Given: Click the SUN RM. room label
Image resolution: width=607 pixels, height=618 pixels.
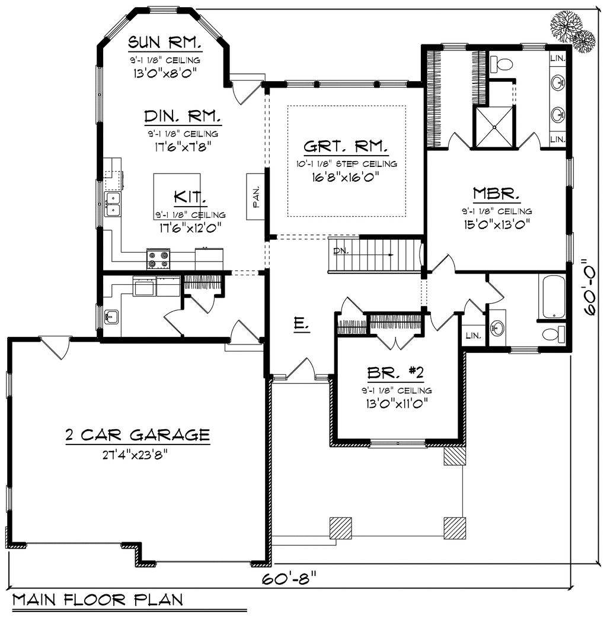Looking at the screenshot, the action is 165,42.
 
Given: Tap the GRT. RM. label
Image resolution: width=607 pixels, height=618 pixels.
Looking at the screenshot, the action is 346,147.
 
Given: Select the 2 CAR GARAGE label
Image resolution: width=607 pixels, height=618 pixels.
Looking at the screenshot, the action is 138,435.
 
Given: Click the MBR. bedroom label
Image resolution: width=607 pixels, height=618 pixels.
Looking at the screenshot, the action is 497,194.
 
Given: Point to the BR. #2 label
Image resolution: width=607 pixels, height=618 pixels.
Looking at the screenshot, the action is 395,372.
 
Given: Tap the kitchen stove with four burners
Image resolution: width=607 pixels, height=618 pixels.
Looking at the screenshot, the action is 159,259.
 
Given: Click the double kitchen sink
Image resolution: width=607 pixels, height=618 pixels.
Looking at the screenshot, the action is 113,204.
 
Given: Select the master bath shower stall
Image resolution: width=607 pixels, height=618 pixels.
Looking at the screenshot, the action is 494,127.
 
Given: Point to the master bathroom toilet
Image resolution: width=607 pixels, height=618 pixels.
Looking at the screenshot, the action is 501,64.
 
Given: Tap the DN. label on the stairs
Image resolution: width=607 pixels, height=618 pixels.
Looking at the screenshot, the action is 341,250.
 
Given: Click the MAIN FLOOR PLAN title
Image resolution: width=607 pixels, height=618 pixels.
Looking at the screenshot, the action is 97,600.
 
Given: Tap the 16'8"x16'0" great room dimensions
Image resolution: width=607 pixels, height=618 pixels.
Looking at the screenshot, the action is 345,176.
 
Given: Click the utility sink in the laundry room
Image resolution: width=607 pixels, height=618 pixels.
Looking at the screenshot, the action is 111,317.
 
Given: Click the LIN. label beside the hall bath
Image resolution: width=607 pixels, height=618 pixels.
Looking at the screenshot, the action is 473,336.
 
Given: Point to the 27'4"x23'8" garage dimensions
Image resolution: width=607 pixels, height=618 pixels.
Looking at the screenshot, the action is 136,455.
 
